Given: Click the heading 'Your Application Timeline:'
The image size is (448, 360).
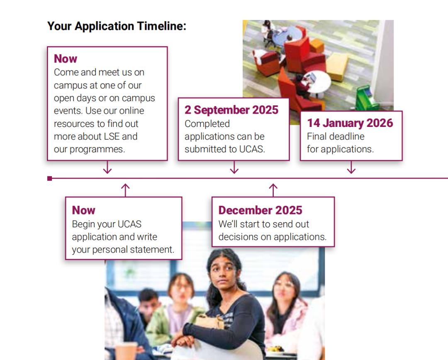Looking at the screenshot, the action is pyautogui.click(x=117, y=26).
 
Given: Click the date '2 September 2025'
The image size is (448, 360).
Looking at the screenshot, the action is pyautogui.click(x=231, y=110).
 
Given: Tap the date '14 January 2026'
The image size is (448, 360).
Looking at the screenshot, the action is pyautogui.click(x=350, y=123).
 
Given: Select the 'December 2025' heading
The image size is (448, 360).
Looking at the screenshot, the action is pyautogui.click(x=260, y=210).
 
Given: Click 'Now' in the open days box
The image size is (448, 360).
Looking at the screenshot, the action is pyautogui.click(x=66, y=59).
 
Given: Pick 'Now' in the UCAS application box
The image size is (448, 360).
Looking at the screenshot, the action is pyautogui.click(x=83, y=210).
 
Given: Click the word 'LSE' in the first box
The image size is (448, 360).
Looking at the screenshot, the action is pyautogui.click(x=112, y=136).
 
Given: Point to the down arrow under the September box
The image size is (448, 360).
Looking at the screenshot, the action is pyautogui.click(x=234, y=167).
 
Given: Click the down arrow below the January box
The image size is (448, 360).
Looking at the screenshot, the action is pyautogui.click(x=351, y=167).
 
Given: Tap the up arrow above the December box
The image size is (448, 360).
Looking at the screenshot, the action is pyautogui.click(x=273, y=190).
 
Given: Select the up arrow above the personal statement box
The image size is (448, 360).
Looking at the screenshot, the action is pyautogui.click(x=125, y=190).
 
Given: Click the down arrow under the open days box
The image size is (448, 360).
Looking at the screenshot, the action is pyautogui.click(x=107, y=167).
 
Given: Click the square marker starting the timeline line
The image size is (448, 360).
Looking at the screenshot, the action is pyautogui.click(x=50, y=179).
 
